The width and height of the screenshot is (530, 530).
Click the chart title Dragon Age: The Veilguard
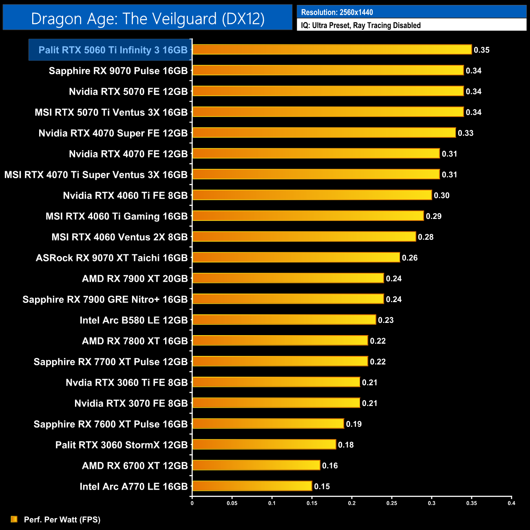point(148,19)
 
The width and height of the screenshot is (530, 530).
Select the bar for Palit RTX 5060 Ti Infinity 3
point(332,50)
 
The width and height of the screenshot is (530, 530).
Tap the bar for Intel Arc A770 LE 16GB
point(252,486)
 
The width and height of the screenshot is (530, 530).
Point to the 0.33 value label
point(466,133)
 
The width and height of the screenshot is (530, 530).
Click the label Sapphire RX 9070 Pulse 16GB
point(118,71)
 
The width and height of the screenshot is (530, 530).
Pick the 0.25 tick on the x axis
point(392,503)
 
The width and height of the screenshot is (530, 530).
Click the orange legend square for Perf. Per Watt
point(14,519)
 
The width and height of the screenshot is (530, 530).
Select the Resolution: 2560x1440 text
point(337,12)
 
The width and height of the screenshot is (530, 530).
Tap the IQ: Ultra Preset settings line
point(361,25)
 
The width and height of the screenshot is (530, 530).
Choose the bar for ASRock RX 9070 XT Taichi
point(296,257)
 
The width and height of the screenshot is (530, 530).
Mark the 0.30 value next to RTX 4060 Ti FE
point(442,195)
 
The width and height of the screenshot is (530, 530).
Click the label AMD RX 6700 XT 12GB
point(135,466)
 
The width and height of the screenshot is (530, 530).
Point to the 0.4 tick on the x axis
point(511,503)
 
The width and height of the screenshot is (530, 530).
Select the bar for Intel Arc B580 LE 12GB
point(284,320)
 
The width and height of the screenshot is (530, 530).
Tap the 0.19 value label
point(354,424)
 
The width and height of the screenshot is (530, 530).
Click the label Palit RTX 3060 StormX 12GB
point(121,445)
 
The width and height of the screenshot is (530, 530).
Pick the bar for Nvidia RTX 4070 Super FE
point(324,132)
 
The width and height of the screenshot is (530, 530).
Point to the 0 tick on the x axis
point(192,503)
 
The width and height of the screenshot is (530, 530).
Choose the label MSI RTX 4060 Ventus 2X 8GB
point(119,237)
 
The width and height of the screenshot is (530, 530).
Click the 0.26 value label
point(410,258)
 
